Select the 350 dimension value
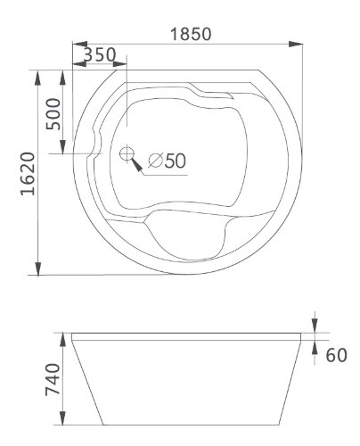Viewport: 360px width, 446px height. (99, 54)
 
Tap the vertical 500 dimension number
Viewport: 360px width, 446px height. (53, 114)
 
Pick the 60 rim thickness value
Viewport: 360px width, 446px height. (336, 356)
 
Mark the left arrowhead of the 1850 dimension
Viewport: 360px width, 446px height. (78, 44)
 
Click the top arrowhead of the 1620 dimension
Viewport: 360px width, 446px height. (38, 77)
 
